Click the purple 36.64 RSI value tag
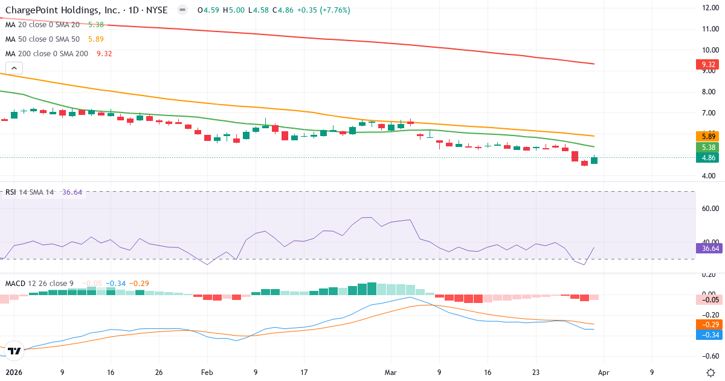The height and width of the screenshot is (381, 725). pos(707,248)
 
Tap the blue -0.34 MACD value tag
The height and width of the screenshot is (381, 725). pos(707,334)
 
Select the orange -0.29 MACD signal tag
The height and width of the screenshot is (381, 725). pos(707,325)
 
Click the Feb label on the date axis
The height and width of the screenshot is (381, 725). pos(207,373)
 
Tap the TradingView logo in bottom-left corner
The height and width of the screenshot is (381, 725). pos(14,350)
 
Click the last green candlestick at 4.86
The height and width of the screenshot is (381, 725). pos(594,160)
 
